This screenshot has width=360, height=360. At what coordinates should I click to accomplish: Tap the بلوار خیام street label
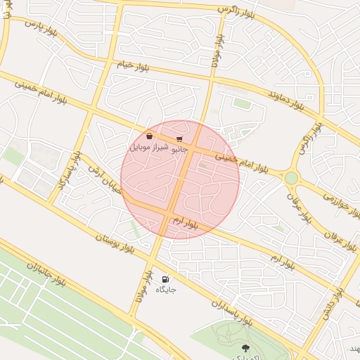click(x=134, y=65)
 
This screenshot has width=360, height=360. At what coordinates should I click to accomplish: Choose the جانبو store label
click(x=179, y=149)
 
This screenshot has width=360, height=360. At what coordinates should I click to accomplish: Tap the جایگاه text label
click(x=166, y=289)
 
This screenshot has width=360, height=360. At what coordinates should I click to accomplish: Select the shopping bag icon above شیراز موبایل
click(x=149, y=136)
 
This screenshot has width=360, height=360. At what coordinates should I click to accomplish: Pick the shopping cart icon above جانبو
click(x=179, y=139)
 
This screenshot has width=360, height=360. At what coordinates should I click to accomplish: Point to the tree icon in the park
click(x=245, y=348)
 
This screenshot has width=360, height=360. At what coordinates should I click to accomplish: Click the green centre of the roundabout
click(x=290, y=178)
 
